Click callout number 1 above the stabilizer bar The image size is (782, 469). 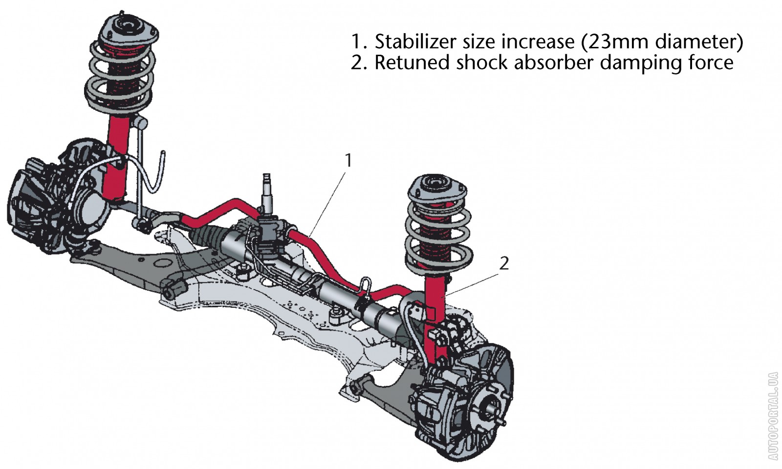pyautogui.click(x=348, y=160)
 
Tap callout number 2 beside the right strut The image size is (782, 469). pyautogui.click(x=504, y=264)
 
